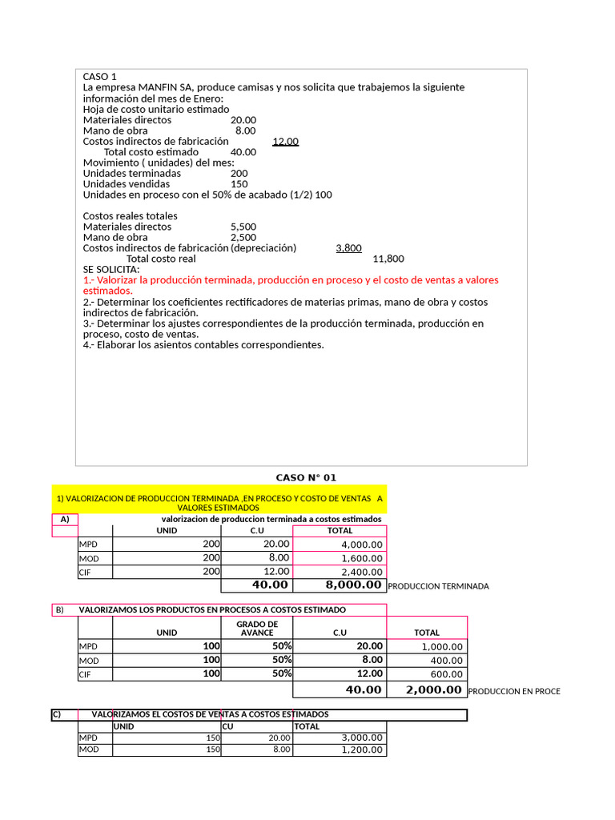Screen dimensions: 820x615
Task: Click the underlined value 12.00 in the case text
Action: pos(285,142)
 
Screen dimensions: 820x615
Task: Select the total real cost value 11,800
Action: pos(388,259)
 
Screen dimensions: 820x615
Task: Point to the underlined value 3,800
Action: pos(348,248)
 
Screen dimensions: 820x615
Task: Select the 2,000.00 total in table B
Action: pos(433,689)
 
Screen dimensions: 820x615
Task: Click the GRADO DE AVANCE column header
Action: pos(257,628)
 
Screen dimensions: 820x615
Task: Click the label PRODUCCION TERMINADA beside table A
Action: pos(437,586)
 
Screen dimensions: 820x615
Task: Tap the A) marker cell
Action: pos(64,519)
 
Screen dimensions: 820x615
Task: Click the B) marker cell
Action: pos(59,610)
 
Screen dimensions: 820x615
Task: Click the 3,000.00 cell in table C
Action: pos(363,738)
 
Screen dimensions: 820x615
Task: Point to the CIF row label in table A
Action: pos(86,573)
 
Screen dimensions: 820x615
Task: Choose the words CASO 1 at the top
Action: pos(100,77)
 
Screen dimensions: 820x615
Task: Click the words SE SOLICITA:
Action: pos(111,270)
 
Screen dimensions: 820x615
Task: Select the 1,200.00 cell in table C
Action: pos(363,750)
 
